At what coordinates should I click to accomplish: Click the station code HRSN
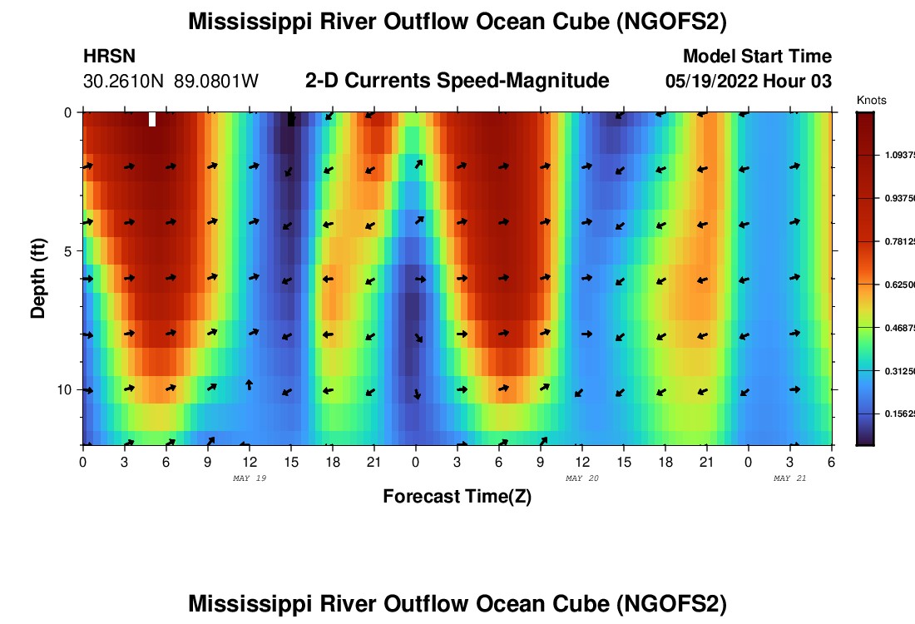pyautogui.click(x=109, y=57)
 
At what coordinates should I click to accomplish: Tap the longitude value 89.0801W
pyautogui.click(x=216, y=82)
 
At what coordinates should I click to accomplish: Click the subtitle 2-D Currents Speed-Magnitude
pyautogui.click(x=457, y=81)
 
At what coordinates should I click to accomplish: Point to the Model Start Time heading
pyautogui.click(x=757, y=57)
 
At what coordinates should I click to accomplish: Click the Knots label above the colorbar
pyautogui.click(x=871, y=101)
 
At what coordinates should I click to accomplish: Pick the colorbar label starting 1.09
pyautogui.click(x=898, y=155)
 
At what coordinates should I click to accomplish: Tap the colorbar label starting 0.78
pyautogui.click(x=898, y=241)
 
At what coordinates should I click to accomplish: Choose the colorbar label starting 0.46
pyautogui.click(x=898, y=328)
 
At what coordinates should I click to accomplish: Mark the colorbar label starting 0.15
pyautogui.click(x=898, y=414)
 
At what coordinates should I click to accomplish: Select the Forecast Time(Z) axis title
pyautogui.click(x=457, y=497)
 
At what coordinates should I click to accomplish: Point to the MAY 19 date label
pyautogui.click(x=250, y=478)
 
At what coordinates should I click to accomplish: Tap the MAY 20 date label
pyautogui.click(x=582, y=478)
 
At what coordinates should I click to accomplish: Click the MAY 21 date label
pyautogui.click(x=790, y=478)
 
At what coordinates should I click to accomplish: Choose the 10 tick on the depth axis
pyautogui.click(x=62, y=389)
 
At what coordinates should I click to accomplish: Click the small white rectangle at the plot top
pyautogui.click(x=152, y=119)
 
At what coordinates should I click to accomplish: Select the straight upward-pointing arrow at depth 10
pyautogui.click(x=249, y=384)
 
